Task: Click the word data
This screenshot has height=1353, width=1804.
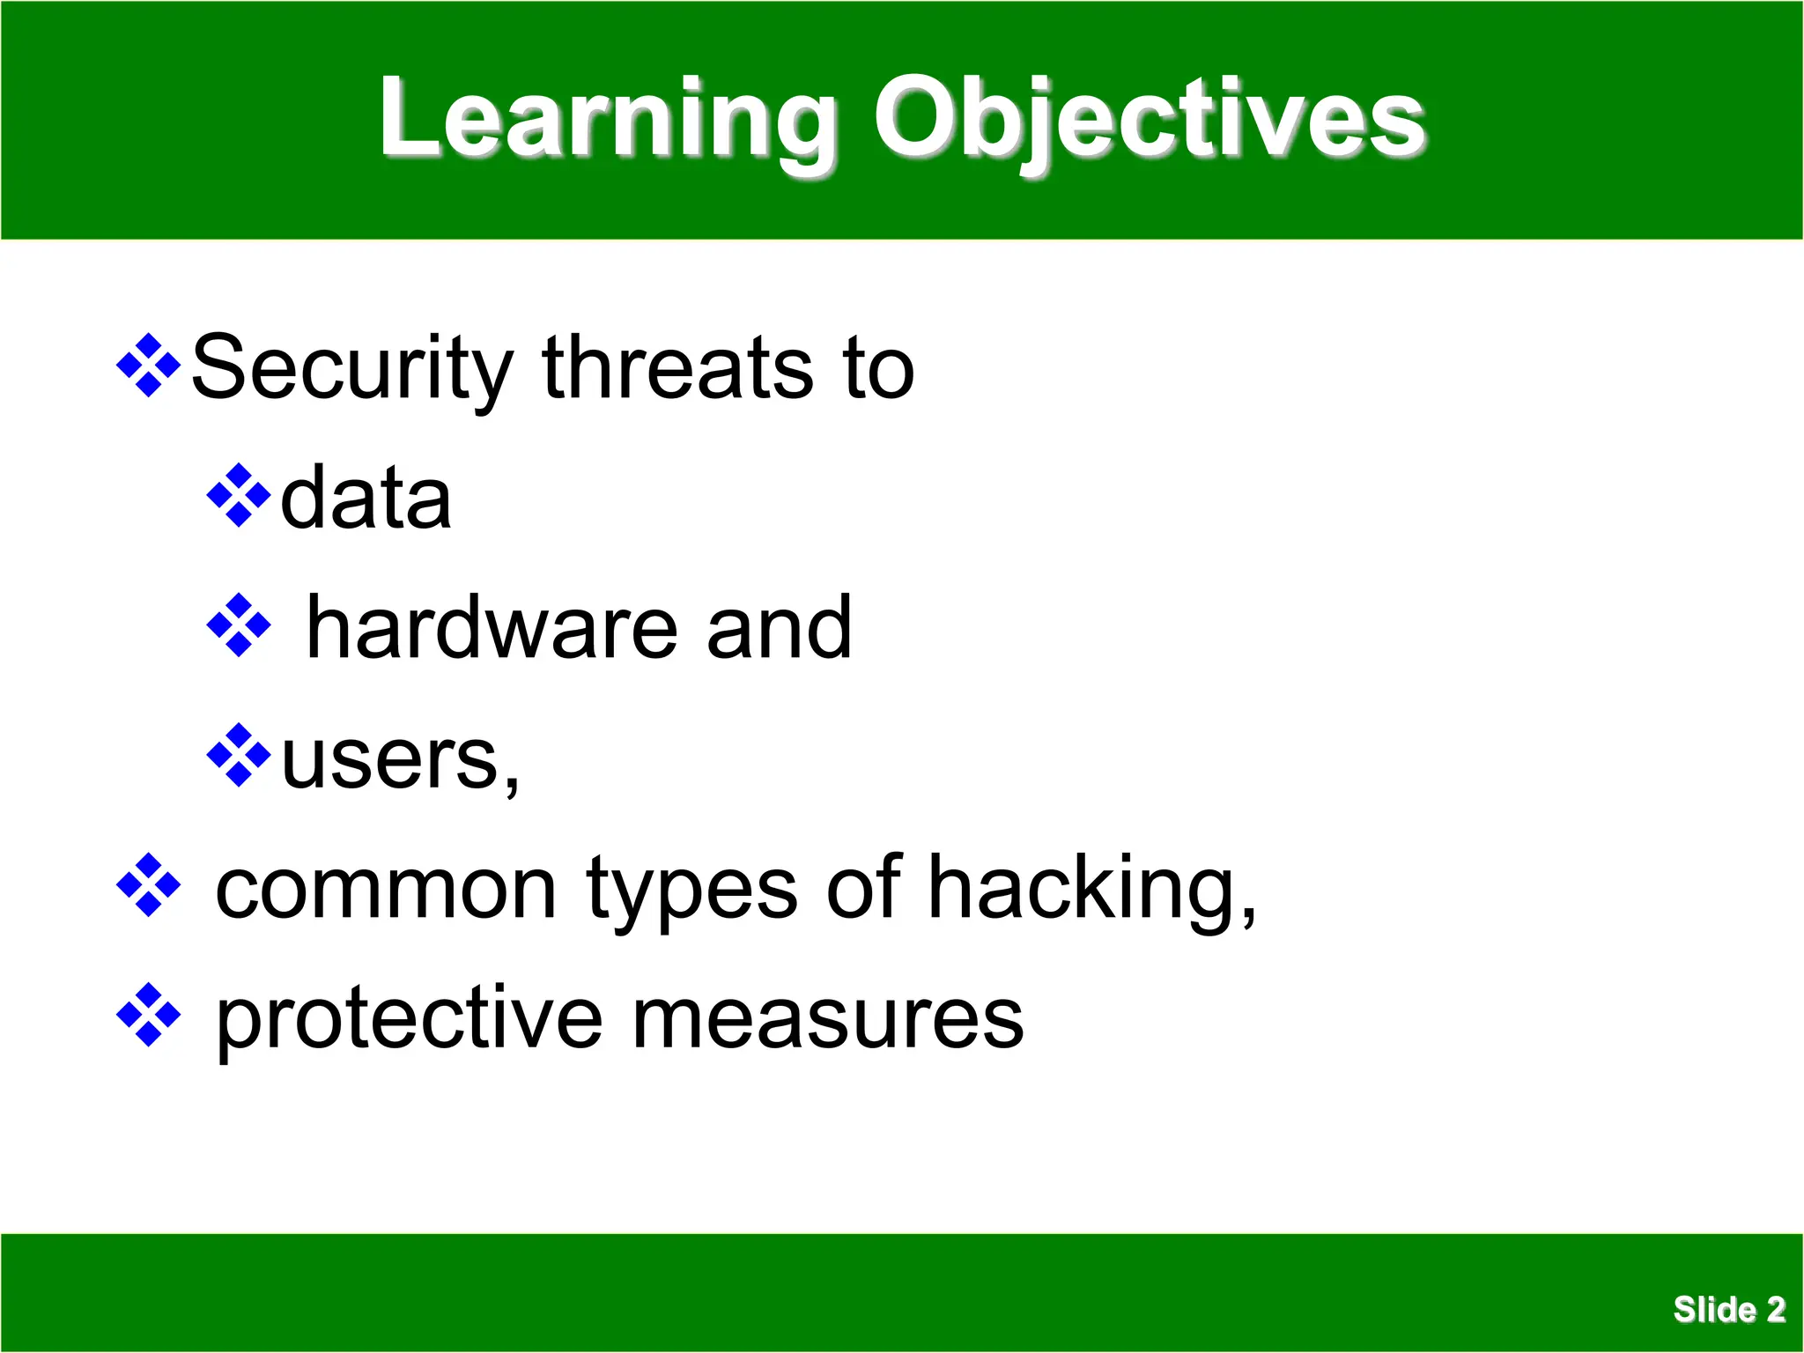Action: [x=366, y=499]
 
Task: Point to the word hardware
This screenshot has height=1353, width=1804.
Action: [x=492, y=628]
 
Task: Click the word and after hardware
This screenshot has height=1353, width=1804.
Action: [x=779, y=628]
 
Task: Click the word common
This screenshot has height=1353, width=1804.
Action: [x=386, y=890]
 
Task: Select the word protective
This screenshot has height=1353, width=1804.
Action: [x=410, y=1020]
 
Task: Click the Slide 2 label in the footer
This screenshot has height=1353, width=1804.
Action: [x=1728, y=1309]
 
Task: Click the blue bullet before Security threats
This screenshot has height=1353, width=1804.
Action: [x=149, y=366]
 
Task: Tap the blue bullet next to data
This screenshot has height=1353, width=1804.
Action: [x=239, y=496]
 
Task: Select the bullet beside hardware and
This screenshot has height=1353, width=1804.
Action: [x=239, y=625]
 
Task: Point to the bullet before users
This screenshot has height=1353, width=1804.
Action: [x=239, y=756]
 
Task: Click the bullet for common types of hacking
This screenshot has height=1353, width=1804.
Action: [x=149, y=885]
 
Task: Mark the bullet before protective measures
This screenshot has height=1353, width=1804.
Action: [x=149, y=1016]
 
